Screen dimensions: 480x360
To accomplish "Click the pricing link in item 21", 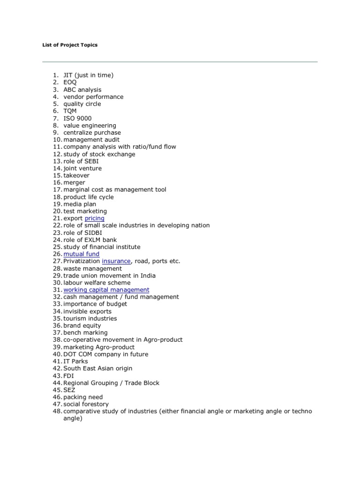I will (x=94, y=218).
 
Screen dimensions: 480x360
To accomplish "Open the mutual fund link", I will (x=82, y=254).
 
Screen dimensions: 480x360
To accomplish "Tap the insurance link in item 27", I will (x=116, y=261).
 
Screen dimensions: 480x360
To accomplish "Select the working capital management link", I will (x=106, y=290).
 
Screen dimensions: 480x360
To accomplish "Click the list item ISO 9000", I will (x=77, y=118).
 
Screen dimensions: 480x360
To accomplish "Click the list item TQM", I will (x=70, y=111).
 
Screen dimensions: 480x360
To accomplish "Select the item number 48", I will (x=57, y=411).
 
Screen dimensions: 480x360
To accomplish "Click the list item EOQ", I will (x=70, y=82).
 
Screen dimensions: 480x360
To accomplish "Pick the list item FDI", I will (x=68, y=375).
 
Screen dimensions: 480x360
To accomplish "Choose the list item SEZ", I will (x=69, y=390).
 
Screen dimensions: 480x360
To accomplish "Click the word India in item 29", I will (x=147, y=276).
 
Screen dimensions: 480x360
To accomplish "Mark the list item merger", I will (x=74, y=182).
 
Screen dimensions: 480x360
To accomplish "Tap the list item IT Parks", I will (x=75, y=361).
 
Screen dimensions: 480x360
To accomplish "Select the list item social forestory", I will (x=86, y=404).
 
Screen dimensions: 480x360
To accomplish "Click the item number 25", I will (x=57, y=247).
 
